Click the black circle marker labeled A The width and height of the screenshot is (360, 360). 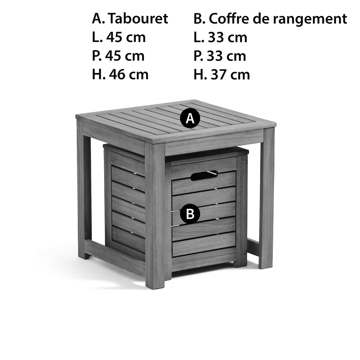[190, 118]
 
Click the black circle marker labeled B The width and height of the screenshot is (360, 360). [190, 214]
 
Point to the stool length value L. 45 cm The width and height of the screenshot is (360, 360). [119, 37]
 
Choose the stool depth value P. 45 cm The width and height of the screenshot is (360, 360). [118, 56]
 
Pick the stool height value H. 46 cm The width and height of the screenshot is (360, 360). [120, 74]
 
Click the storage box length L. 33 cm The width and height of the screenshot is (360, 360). [220, 37]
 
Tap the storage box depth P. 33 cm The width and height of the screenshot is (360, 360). [220, 56]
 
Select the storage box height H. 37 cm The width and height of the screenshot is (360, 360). [222, 74]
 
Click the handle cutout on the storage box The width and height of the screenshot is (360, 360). [204, 175]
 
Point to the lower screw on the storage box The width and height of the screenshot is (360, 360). [244, 253]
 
